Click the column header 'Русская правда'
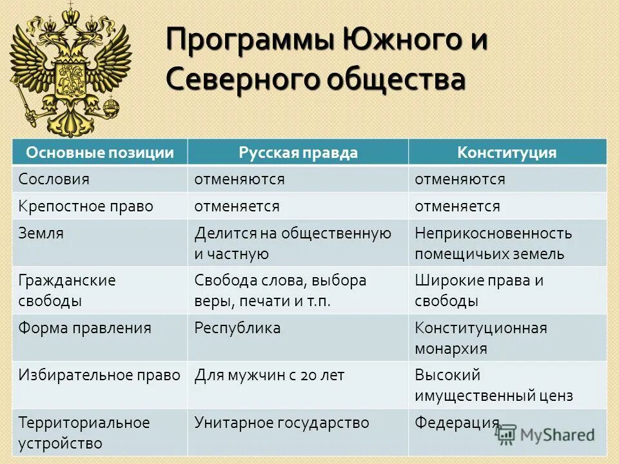297,153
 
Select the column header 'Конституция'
507,153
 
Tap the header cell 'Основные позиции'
100,153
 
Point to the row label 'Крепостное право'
86,206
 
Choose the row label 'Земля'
41,233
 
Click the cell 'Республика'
238,328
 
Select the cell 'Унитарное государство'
282,423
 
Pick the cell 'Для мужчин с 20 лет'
270,376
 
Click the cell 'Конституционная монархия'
480,338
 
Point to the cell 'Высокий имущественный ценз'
493,385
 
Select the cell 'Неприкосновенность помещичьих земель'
493,243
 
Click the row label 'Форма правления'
84,328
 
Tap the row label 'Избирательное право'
99,376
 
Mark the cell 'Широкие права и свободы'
478,291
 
